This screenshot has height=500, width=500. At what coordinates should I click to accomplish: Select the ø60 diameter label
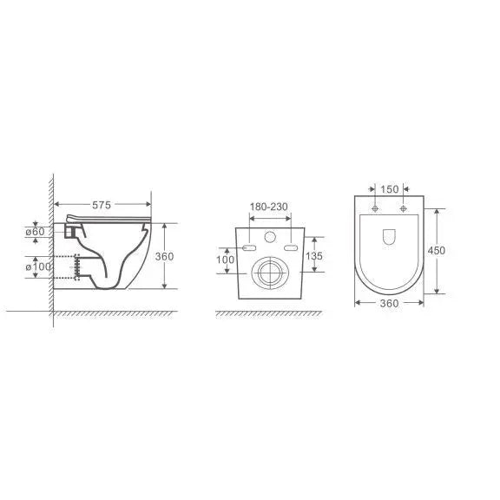[x=35, y=233]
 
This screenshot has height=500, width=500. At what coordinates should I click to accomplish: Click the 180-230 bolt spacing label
[x=270, y=207]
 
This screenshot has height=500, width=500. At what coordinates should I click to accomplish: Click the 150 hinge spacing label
[x=389, y=188]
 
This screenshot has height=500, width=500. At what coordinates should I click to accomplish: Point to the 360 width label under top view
[x=389, y=303]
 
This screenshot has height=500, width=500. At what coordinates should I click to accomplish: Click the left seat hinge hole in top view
[x=374, y=210]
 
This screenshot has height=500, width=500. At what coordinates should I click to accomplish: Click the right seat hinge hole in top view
[x=404, y=210]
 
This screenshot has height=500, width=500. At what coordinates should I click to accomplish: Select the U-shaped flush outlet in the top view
[x=389, y=235]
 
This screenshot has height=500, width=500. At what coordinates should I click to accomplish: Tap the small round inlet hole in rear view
[x=270, y=236]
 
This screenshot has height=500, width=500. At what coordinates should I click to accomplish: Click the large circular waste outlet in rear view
[x=270, y=273]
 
